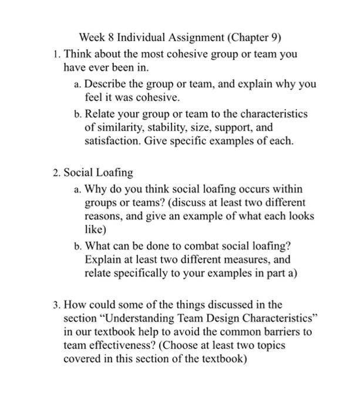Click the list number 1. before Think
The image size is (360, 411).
(56, 54)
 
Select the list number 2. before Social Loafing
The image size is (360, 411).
(56, 173)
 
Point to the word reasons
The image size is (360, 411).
(103, 217)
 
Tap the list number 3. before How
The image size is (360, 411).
(56, 305)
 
